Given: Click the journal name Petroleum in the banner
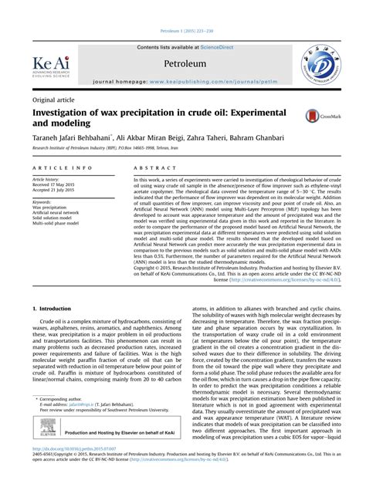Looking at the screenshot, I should (183, 62).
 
